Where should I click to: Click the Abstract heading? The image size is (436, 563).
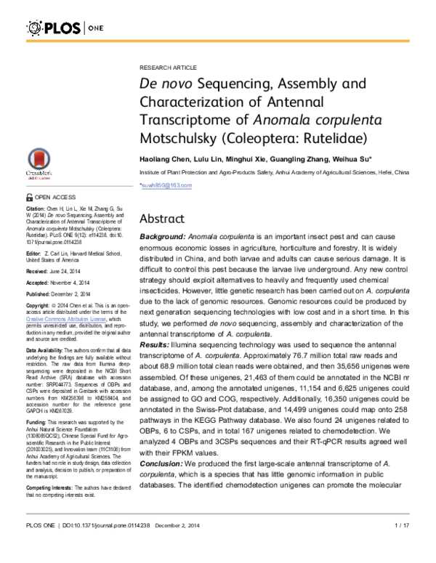point(164,219)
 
